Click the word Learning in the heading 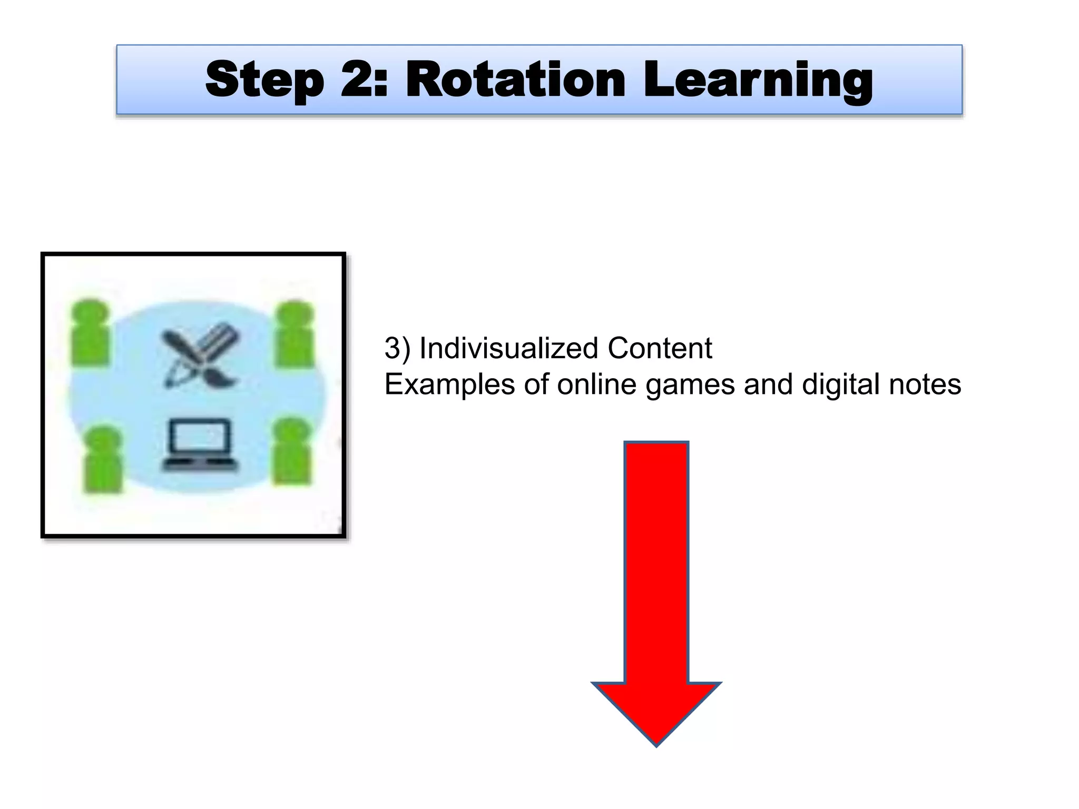point(758,80)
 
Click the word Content point(660,348)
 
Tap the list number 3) point(397,349)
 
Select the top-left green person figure point(90,332)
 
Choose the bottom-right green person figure point(291,451)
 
